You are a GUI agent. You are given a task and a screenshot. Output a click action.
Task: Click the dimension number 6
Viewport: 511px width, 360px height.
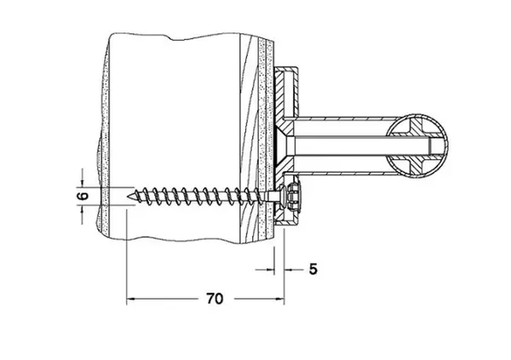84,196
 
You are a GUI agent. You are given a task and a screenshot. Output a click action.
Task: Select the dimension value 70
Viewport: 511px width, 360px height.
215,299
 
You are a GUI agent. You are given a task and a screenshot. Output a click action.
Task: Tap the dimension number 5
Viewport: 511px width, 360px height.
313,269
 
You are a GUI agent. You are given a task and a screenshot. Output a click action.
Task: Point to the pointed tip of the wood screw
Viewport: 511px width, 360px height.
127,196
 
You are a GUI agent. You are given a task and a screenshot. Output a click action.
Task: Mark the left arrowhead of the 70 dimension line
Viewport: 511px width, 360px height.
130,299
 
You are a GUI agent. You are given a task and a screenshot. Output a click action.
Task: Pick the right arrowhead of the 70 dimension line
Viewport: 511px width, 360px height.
280,299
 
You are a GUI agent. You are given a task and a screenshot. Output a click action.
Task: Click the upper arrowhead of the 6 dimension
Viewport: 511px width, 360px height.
82,183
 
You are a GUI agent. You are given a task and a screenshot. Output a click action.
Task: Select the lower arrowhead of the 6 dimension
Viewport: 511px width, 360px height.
82,209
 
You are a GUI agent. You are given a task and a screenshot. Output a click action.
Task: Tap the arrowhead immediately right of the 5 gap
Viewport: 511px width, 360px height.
289,270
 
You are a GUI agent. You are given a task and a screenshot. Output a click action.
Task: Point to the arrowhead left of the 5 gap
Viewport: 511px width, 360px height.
270,270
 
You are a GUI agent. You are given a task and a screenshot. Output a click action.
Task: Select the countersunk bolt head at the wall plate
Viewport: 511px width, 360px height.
285,145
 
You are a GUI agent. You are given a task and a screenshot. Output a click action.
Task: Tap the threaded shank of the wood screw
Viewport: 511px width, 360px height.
198,196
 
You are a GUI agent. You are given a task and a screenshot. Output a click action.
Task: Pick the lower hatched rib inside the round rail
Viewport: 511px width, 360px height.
415,164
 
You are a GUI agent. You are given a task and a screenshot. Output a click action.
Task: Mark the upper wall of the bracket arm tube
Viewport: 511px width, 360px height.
342,118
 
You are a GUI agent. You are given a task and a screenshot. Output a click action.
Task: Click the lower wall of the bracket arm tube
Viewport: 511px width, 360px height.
342,172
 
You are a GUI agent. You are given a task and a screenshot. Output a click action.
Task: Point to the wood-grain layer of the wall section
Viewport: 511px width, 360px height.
249,139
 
